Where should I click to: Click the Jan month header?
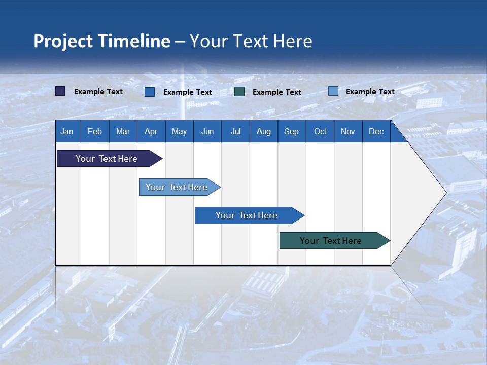(x=67, y=131)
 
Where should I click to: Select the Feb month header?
(x=95, y=131)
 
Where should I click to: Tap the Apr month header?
(x=151, y=131)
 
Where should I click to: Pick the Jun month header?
(x=207, y=131)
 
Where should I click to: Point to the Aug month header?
(x=263, y=131)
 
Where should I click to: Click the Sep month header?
(x=291, y=131)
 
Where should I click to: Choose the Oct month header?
(x=320, y=131)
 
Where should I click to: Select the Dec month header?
(x=376, y=131)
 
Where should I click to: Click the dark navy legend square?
(x=60, y=91)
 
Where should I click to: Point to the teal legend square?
(x=239, y=92)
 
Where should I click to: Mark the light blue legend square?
(x=333, y=91)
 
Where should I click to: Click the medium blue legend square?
(x=150, y=92)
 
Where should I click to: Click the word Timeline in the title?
(x=134, y=41)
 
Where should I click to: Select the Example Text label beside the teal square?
(x=277, y=92)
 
